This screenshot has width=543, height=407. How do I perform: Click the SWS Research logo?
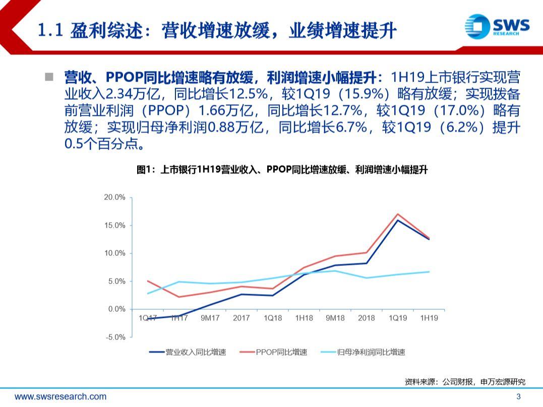click(x=497, y=26)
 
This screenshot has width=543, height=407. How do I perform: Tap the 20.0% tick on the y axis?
click(x=114, y=197)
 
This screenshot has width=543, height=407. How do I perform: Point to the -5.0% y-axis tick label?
click(x=115, y=337)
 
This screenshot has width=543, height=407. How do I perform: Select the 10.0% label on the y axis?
click(x=114, y=253)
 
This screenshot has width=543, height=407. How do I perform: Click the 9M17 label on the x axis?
click(x=210, y=318)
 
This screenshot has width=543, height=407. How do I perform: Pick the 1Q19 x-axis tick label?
click(x=398, y=318)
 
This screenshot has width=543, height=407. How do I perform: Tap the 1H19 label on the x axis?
click(x=429, y=318)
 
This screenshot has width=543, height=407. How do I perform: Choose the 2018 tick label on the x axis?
click(x=367, y=318)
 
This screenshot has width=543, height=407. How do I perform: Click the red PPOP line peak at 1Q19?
click(x=398, y=214)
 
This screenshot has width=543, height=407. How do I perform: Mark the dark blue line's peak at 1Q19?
click(x=398, y=220)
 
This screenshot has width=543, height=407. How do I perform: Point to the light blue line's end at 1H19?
click(x=430, y=272)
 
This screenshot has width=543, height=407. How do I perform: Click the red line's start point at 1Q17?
click(x=148, y=281)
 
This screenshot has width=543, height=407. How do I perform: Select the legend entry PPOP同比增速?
click(x=273, y=352)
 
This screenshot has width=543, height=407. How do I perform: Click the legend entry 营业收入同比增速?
click(x=188, y=352)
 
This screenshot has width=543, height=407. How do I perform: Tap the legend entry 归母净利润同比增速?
click(x=363, y=352)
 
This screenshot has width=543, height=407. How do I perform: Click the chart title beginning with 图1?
click(x=282, y=170)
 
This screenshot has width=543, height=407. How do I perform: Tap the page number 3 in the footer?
click(x=518, y=396)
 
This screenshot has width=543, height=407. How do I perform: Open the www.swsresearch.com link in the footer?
click(x=61, y=396)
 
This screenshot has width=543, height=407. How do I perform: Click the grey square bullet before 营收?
click(x=49, y=77)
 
